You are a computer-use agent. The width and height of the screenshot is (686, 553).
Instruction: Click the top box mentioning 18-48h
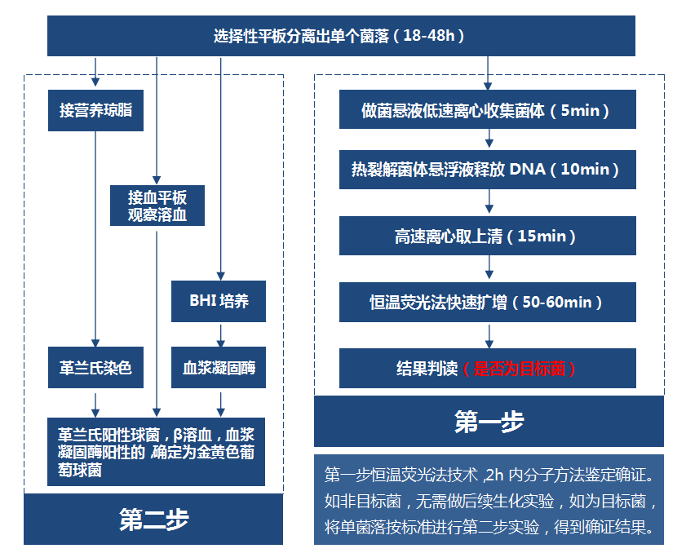point(341,36)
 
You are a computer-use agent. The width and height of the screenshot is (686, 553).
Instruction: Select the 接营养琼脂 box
point(95,110)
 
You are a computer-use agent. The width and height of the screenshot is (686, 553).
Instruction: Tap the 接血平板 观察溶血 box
point(157,206)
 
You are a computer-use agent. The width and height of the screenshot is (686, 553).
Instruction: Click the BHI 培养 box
point(219,301)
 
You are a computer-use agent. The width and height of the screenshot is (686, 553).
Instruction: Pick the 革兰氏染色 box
point(95,368)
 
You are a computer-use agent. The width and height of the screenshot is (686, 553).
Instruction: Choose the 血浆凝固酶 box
point(219,368)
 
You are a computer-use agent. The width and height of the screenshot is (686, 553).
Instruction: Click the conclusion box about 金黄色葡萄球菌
point(156,452)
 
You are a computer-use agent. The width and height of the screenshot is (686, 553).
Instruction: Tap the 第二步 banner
point(153,520)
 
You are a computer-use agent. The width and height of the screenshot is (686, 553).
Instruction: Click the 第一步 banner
point(489,422)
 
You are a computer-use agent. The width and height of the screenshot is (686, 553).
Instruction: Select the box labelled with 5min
point(488,109)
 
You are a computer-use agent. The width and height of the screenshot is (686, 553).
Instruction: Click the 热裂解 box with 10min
point(488,170)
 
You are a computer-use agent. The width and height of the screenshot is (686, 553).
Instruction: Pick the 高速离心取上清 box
point(488,236)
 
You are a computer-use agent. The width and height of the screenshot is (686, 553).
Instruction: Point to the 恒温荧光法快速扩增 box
point(488,302)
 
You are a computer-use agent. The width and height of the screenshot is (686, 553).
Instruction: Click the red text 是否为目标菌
point(520,369)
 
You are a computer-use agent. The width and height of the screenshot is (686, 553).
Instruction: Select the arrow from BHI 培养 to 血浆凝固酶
point(220,334)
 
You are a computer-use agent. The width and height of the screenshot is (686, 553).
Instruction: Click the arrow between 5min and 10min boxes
point(489,139)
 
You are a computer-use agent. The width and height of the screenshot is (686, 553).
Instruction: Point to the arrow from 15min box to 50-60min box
point(489,268)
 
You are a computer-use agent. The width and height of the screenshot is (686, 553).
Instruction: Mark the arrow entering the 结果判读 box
point(489,335)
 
